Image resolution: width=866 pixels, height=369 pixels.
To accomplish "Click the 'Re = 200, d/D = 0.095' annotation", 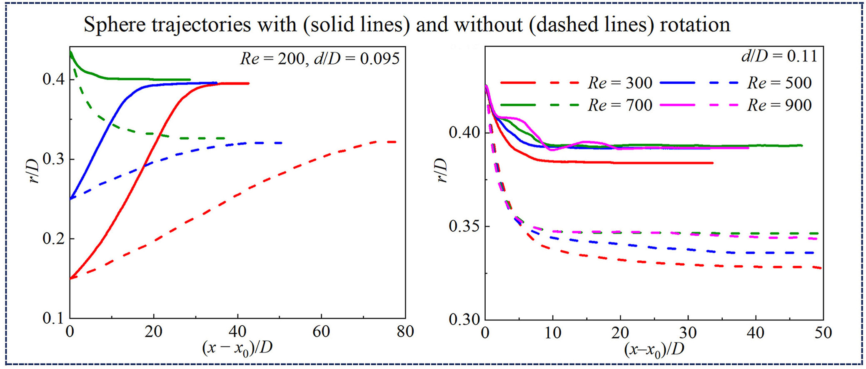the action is tap(320, 58).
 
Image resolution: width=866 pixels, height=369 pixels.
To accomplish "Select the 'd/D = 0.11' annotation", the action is tap(779, 56).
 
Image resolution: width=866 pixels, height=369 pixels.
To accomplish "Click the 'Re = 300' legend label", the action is tap(620, 83).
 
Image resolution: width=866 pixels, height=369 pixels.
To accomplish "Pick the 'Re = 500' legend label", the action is tap(779, 83).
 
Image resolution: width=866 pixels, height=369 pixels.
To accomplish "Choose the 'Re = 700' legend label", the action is tap(620, 105).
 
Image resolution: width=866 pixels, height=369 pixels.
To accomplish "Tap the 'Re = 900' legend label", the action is tap(779, 105).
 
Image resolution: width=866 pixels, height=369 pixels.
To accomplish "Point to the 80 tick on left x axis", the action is tap(405, 332).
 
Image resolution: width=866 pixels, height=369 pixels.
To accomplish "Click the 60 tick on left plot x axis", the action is tap(321, 332).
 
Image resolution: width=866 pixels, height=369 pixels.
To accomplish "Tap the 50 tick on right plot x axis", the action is tap(823, 332).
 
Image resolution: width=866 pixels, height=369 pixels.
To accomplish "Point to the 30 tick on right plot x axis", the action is tap(688, 332).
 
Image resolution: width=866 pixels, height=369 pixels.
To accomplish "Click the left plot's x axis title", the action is tap(237, 347).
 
